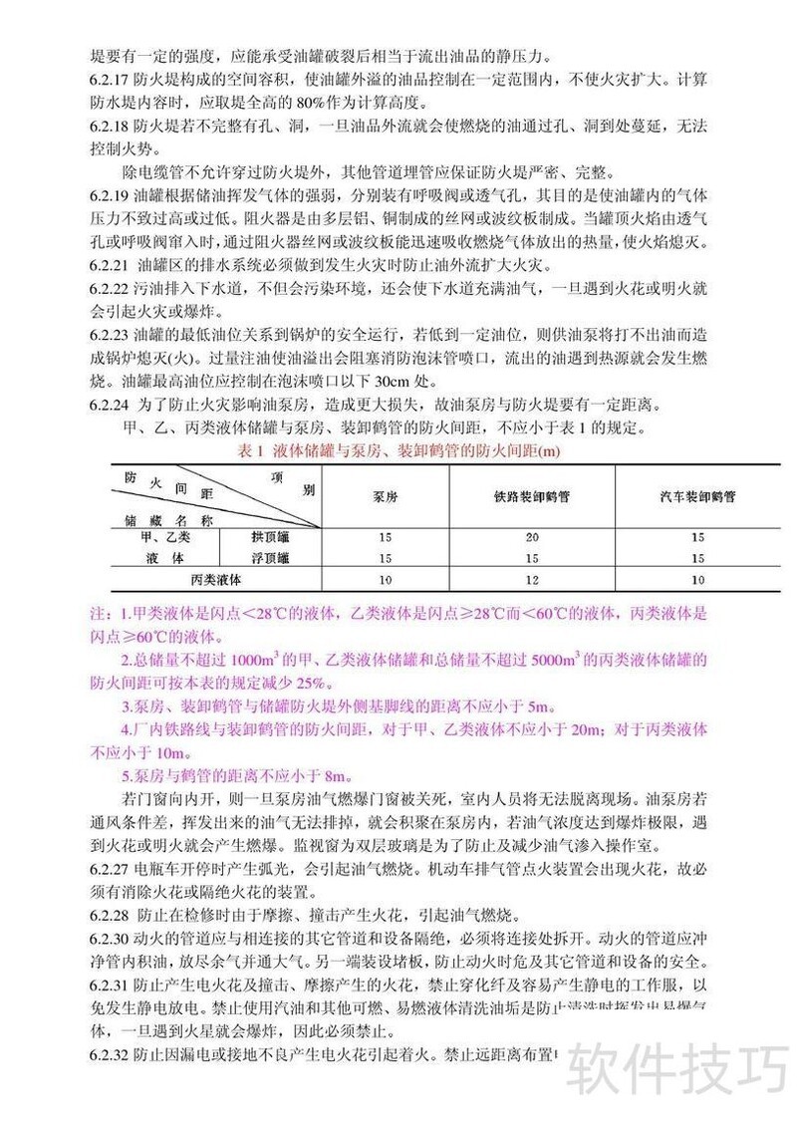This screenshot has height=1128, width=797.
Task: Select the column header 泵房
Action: click(384, 494)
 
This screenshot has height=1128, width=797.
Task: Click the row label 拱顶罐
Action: click(272, 538)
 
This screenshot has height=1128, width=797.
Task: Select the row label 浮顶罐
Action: click(272, 558)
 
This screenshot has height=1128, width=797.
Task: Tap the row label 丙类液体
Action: click(219, 578)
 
